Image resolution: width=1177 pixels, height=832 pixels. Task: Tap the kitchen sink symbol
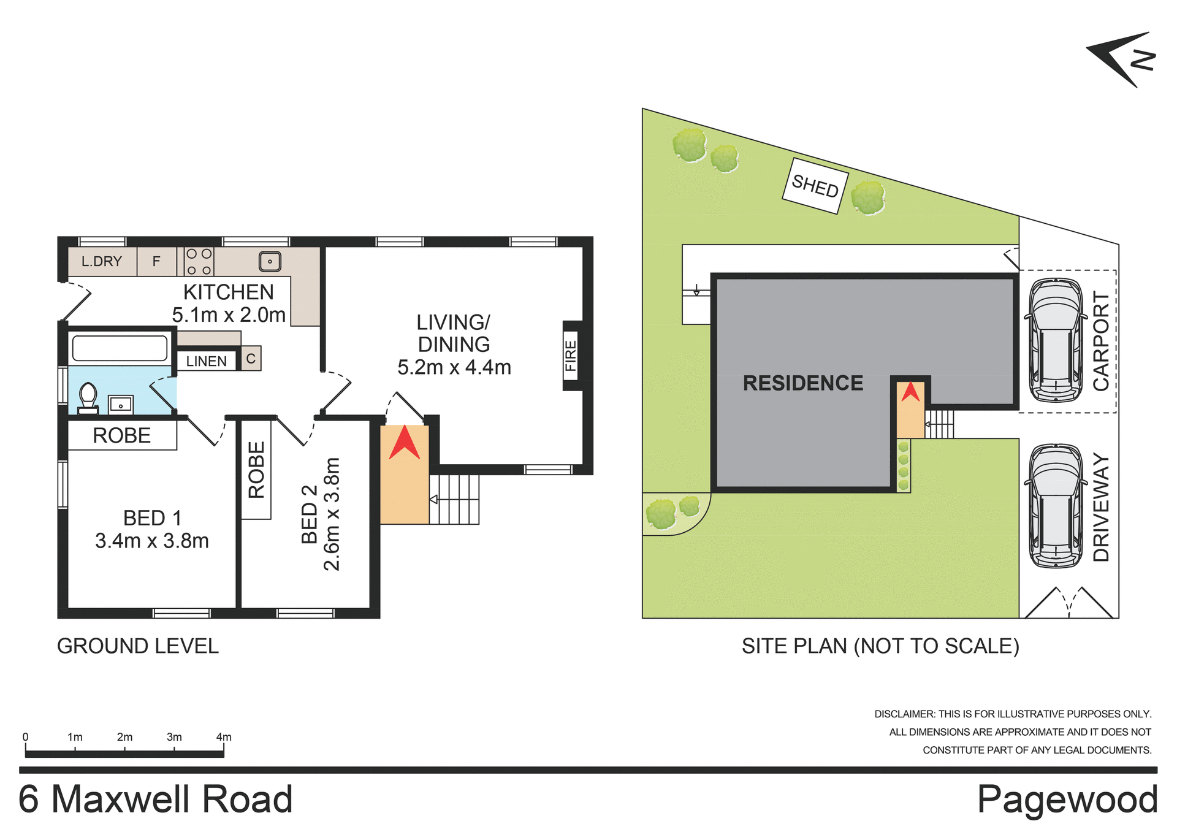pyautogui.click(x=270, y=262)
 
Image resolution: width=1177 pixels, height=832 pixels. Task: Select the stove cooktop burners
pyautogui.click(x=199, y=262)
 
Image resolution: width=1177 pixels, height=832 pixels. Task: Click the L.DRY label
pyautogui.click(x=102, y=262)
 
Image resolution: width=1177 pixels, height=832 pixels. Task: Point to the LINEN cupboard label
pyautogui.click(x=207, y=361)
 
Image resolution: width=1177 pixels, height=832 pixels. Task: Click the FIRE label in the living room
pyautogui.click(x=571, y=356)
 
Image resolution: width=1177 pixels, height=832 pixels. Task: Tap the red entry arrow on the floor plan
pyautogui.click(x=404, y=444)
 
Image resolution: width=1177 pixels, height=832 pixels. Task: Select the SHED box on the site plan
pyautogui.click(x=815, y=186)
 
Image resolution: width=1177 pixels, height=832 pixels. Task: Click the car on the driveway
pyautogui.click(x=1056, y=506)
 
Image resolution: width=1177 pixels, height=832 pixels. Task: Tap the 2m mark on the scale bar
pyautogui.click(x=124, y=738)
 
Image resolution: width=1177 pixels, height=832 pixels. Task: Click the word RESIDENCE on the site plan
pyautogui.click(x=802, y=383)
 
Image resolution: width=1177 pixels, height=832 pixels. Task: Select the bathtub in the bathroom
pyautogui.click(x=120, y=348)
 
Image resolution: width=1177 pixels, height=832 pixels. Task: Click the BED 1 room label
pyautogui.click(x=152, y=518)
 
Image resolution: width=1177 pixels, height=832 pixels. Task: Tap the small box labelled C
pyautogui.click(x=251, y=359)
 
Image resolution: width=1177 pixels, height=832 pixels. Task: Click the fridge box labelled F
pyautogui.click(x=156, y=262)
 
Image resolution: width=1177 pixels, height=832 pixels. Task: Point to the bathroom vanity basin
pyautogui.click(x=121, y=405)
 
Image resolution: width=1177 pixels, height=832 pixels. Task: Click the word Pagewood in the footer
pyautogui.click(x=1067, y=800)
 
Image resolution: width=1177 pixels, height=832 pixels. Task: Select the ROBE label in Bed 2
pyautogui.click(x=256, y=470)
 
